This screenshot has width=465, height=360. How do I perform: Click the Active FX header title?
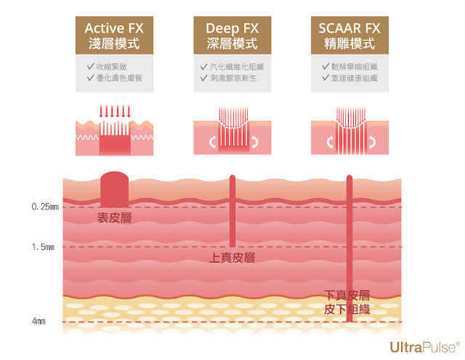114,28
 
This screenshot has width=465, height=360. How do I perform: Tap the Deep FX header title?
232,28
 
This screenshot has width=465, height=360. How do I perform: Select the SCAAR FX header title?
349,28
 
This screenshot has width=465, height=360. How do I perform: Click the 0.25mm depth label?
45,207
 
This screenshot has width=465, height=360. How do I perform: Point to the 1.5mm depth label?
43,247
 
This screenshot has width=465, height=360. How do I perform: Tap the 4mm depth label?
39,321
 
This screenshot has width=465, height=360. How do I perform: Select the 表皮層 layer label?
114,218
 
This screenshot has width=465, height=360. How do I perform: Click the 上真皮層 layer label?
232,257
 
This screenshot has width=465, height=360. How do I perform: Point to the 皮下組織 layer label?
347,309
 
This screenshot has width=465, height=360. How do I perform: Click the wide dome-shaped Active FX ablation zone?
115,189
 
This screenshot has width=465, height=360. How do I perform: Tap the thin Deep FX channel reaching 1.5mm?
232,211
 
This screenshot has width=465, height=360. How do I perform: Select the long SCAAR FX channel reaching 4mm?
349,249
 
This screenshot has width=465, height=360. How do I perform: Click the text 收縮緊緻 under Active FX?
111,66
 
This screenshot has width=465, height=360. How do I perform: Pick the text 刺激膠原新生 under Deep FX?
233,78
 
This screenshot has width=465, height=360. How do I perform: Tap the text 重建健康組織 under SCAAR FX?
354,78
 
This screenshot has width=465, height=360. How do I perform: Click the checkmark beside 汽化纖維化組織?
203,67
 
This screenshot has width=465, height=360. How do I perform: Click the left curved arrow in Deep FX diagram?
212,142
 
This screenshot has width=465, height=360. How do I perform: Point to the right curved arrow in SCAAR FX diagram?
372,142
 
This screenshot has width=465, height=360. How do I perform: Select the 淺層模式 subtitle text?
114,44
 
